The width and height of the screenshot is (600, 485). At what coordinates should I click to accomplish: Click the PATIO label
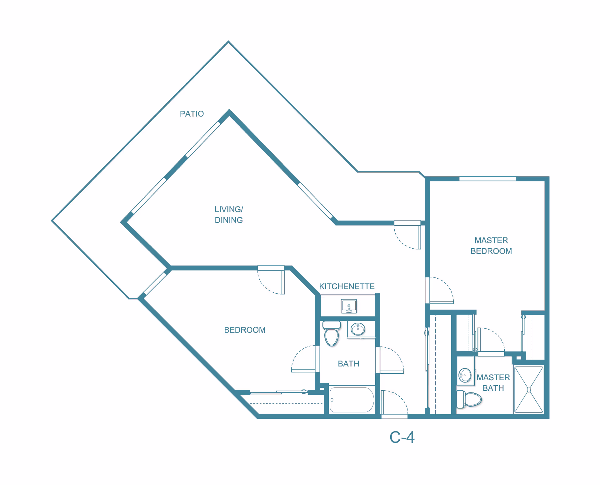(x=192, y=114)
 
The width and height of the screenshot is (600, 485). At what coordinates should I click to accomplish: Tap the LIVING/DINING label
(x=229, y=215)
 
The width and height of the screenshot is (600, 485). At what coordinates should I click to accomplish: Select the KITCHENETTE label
(x=347, y=286)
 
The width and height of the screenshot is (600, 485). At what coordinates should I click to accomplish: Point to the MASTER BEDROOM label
(x=491, y=245)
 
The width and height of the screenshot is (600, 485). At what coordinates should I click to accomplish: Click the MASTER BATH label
(x=493, y=383)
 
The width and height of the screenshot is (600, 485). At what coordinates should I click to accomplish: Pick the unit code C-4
(x=402, y=437)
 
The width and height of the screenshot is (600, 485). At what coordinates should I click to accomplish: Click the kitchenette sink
(x=349, y=306)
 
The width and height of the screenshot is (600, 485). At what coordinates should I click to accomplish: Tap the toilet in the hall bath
(x=332, y=334)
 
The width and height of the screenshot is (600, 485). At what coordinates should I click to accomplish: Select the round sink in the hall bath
(x=358, y=329)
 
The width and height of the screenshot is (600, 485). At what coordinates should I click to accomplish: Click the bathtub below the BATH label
(x=352, y=400)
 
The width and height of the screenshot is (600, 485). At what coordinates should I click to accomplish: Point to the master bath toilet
(x=469, y=399)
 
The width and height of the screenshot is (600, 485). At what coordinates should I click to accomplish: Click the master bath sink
(x=465, y=375)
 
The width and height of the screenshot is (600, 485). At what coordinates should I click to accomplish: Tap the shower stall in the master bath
(x=529, y=390)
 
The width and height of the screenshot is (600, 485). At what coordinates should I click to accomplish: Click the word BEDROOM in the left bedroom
(x=245, y=330)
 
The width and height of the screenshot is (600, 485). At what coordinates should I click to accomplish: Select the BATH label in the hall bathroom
(x=348, y=364)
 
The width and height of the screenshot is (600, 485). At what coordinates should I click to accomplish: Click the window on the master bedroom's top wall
(x=487, y=179)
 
